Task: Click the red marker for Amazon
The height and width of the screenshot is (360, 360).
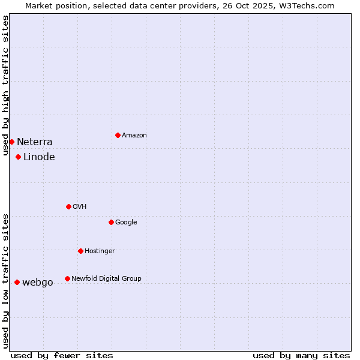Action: click(118, 135)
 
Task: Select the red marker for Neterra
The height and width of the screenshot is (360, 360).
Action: click(11, 142)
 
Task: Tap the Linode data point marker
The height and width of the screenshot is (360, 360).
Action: click(18, 157)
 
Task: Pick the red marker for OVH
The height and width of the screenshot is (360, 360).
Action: click(68, 206)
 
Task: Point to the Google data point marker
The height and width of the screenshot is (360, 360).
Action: click(111, 222)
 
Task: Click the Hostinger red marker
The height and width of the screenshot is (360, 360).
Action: click(80, 251)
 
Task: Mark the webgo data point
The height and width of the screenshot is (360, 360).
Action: click(17, 282)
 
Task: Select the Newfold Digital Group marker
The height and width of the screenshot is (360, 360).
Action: click(67, 278)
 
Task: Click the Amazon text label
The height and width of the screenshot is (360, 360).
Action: click(134, 136)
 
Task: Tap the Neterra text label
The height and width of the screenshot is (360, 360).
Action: click(34, 142)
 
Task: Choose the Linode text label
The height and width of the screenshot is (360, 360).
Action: click(39, 157)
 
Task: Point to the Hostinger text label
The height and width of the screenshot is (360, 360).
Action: click(100, 251)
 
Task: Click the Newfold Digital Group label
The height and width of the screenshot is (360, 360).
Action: click(106, 278)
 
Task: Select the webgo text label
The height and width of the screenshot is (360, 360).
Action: click(38, 283)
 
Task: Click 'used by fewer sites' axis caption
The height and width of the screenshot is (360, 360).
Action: click(62, 355)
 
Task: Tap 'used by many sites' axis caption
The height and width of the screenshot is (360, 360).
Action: click(301, 355)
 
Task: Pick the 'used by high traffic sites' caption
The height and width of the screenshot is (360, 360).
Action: click(5, 85)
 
